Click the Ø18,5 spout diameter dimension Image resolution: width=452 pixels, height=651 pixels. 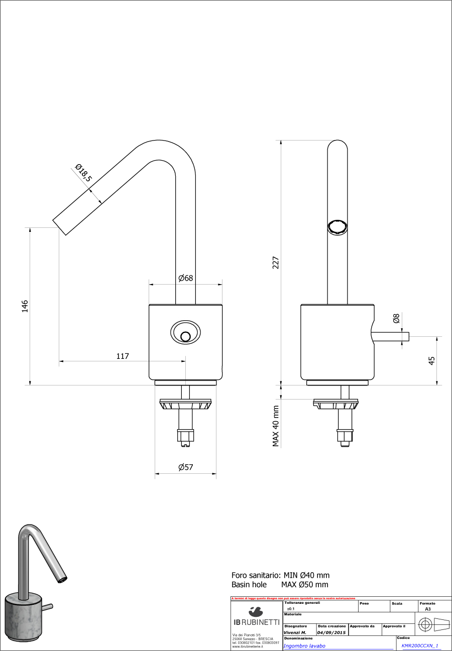(x=83, y=173)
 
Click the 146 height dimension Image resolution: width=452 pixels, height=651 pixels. (x=25, y=306)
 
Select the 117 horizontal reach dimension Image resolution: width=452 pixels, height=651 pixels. (x=123, y=356)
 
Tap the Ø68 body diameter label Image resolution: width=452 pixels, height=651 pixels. (x=185, y=278)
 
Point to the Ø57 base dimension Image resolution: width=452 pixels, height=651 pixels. (x=185, y=467)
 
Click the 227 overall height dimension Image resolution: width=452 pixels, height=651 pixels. (x=276, y=263)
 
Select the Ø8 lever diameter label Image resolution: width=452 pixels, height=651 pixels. (x=396, y=318)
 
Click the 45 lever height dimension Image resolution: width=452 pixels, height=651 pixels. (x=431, y=360)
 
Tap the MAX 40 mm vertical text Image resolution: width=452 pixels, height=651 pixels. (x=276, y=426)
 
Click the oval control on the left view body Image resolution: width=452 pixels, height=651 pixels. (x=185, y=332)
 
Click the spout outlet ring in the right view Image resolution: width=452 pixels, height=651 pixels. (x=337, y=227)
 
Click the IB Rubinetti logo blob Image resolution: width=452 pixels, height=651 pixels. (x=256, y=611)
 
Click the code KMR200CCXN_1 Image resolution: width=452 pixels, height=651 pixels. (x=420, y=646)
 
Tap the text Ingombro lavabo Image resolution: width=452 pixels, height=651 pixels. (x=304, y=646)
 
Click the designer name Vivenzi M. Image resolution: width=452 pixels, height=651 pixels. (x=295, y=632)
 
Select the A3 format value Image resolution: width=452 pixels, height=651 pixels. (x=427, y=608)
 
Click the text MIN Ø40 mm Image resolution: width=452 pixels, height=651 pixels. (x=306, y=575)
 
